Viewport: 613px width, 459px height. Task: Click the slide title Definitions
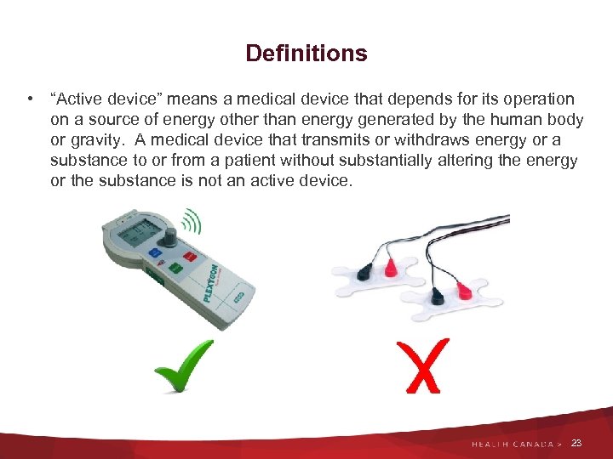pyautogui.click(x=306, y=54)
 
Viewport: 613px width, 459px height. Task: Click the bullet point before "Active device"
pyautogui.click(x=30, y=99)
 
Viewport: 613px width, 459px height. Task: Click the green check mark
pyautogui.click(x=183, y=365)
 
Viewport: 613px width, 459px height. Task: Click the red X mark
pyautogui.click(x=419, y=365)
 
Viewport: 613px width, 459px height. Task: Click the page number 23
pyautogui.click(x=577, y=443)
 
